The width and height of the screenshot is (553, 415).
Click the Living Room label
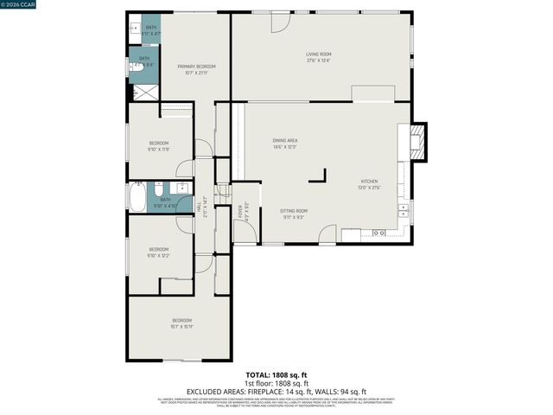coord(318,54)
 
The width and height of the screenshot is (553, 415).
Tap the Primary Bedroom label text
coord(196,67)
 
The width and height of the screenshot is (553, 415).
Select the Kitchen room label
coord(369,182)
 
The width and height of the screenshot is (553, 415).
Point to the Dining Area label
coord(285,140)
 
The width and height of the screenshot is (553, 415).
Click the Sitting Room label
coord(294,210)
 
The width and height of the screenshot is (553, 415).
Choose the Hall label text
coord(204,207)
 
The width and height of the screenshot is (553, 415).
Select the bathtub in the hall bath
coord(137,198)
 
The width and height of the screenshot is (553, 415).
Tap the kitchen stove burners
coord(378,233)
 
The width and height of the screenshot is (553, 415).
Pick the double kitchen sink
coord(403,210)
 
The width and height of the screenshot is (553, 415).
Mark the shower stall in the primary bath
coord(145,92)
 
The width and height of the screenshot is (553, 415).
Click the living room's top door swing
coord(281,22)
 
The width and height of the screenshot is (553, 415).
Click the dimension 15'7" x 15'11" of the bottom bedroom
coord(181,327)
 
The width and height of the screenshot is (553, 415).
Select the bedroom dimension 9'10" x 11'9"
coord(158,149)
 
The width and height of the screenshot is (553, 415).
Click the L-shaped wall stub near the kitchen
coord(320,176)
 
